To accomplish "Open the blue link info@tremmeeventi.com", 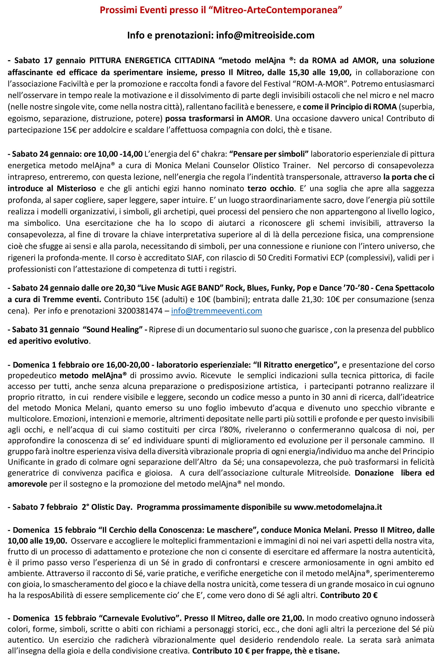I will (216, 311).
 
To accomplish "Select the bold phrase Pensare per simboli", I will (269, 154).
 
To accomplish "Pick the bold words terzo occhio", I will (271, 189).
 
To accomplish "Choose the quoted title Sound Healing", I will (112, 330).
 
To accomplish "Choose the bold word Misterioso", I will (77, 189).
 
